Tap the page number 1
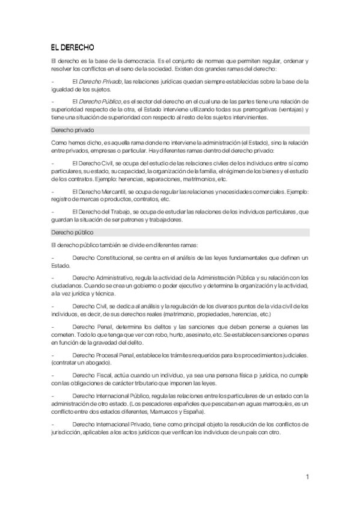tap(307, 478)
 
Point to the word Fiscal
tap(107, 375)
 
